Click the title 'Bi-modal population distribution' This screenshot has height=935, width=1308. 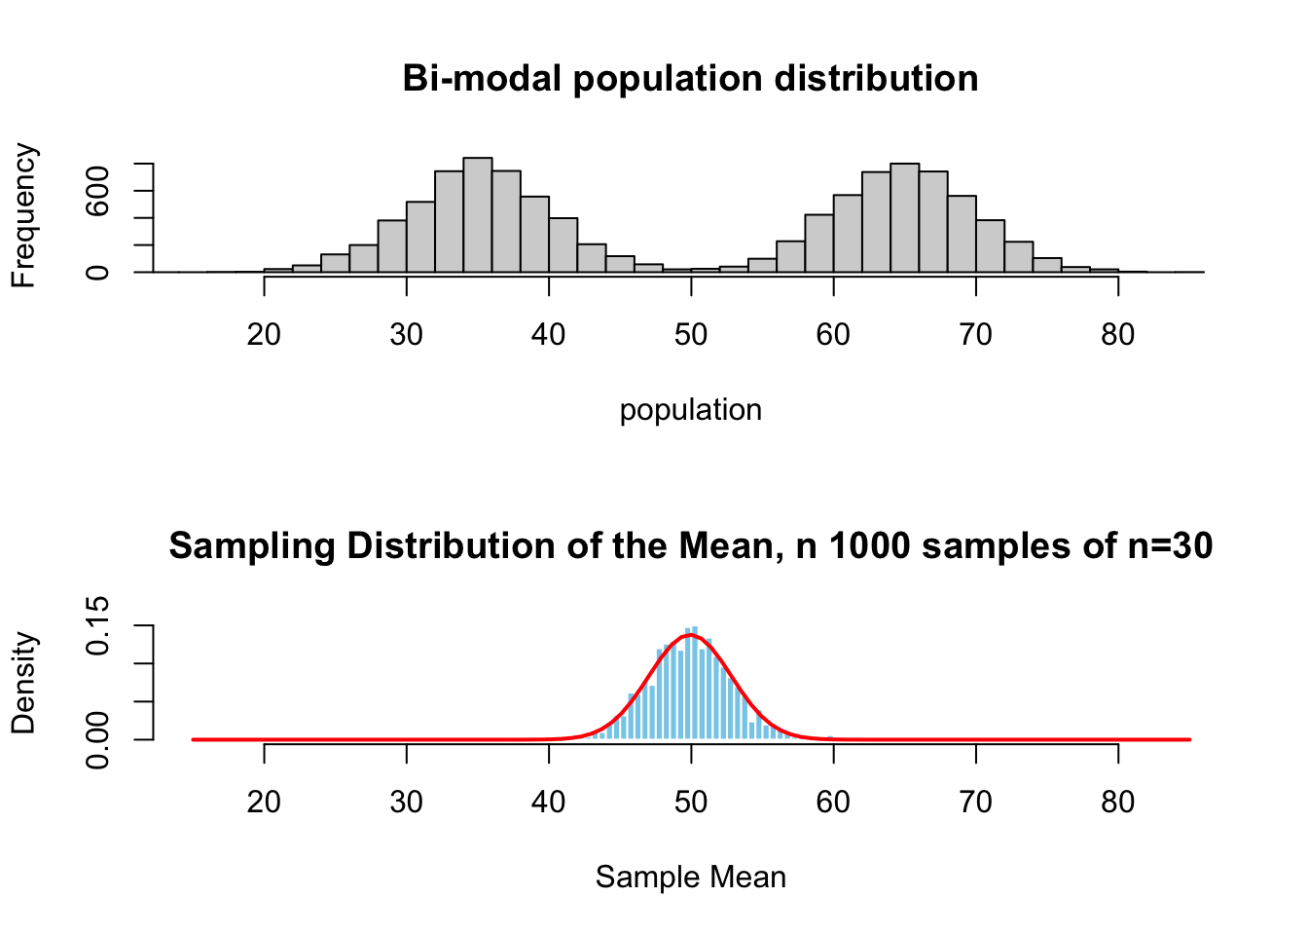point(690,78)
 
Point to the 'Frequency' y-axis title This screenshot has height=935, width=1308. point(23,216)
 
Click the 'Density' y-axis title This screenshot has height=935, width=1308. point(23,683)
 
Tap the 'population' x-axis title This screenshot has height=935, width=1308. point(690,410)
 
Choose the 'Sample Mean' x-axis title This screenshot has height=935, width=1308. point(690,878)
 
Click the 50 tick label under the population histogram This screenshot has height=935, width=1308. point(690,334)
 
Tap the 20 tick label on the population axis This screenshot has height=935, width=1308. point(264,334)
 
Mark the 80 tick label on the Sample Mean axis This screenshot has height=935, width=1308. point(1117,802)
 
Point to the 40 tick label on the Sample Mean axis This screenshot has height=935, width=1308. point(548,802)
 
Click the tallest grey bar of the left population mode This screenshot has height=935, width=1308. point(477,214)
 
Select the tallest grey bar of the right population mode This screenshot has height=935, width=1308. point(904,217)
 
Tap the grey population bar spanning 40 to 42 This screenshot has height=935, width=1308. point(563,244)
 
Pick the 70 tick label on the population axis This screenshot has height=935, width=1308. point(975,334)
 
